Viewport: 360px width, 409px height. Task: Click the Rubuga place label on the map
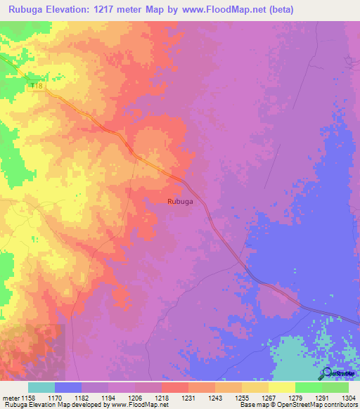click(x=181, y=201)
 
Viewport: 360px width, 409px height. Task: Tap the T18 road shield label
click(x=37, y=86)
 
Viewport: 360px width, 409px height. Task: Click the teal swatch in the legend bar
click(x=41, y=387)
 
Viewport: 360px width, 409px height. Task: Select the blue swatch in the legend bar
click(x=67, y=387)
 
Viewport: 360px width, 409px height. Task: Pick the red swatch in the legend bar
click(x=174, y=387)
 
